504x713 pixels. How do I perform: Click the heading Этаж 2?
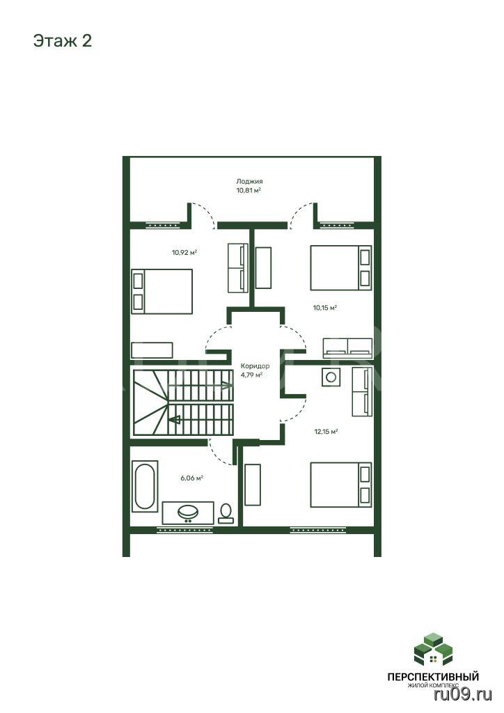click(x=62, y=41)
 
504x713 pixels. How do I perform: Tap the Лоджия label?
click(x=249, y=182)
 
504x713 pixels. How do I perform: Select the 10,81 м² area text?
click(x=248, y=191)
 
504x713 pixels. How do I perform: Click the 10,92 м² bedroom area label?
click(x=184, y=252)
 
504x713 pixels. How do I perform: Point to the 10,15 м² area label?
click(x=325, y=308)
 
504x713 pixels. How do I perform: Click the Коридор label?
click(x=255, y=366)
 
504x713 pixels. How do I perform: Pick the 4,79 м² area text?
click(x=252, y=375)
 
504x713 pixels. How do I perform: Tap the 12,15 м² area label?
click(x=326, y=432)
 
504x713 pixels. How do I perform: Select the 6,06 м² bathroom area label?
click(x=191, y=478)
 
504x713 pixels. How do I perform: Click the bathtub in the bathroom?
click(x=145, y=485)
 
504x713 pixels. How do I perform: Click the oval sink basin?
click(x=188, y=512)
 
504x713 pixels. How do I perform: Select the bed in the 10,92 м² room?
click(x=162, y=292)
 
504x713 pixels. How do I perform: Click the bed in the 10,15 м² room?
click(x=341, y=268)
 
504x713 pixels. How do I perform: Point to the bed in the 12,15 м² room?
click(x=341, y=485)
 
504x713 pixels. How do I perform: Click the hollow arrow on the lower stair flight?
click(x=175, y=419)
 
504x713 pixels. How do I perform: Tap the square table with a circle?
click(x=331, y=377)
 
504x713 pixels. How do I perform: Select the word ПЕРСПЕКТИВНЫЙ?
click(x=433, y=677)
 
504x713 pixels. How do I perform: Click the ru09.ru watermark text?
click(x=463, y=694)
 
